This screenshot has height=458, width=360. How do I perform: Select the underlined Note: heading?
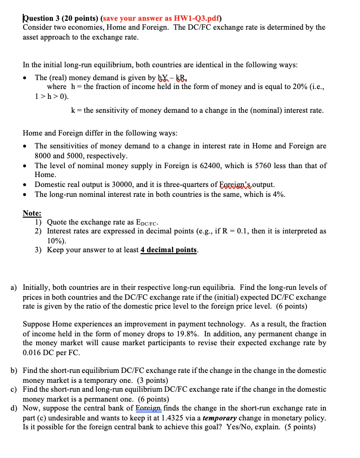[x=32, y=213]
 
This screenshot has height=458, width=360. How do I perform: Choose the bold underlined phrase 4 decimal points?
[x=169, y=250]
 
